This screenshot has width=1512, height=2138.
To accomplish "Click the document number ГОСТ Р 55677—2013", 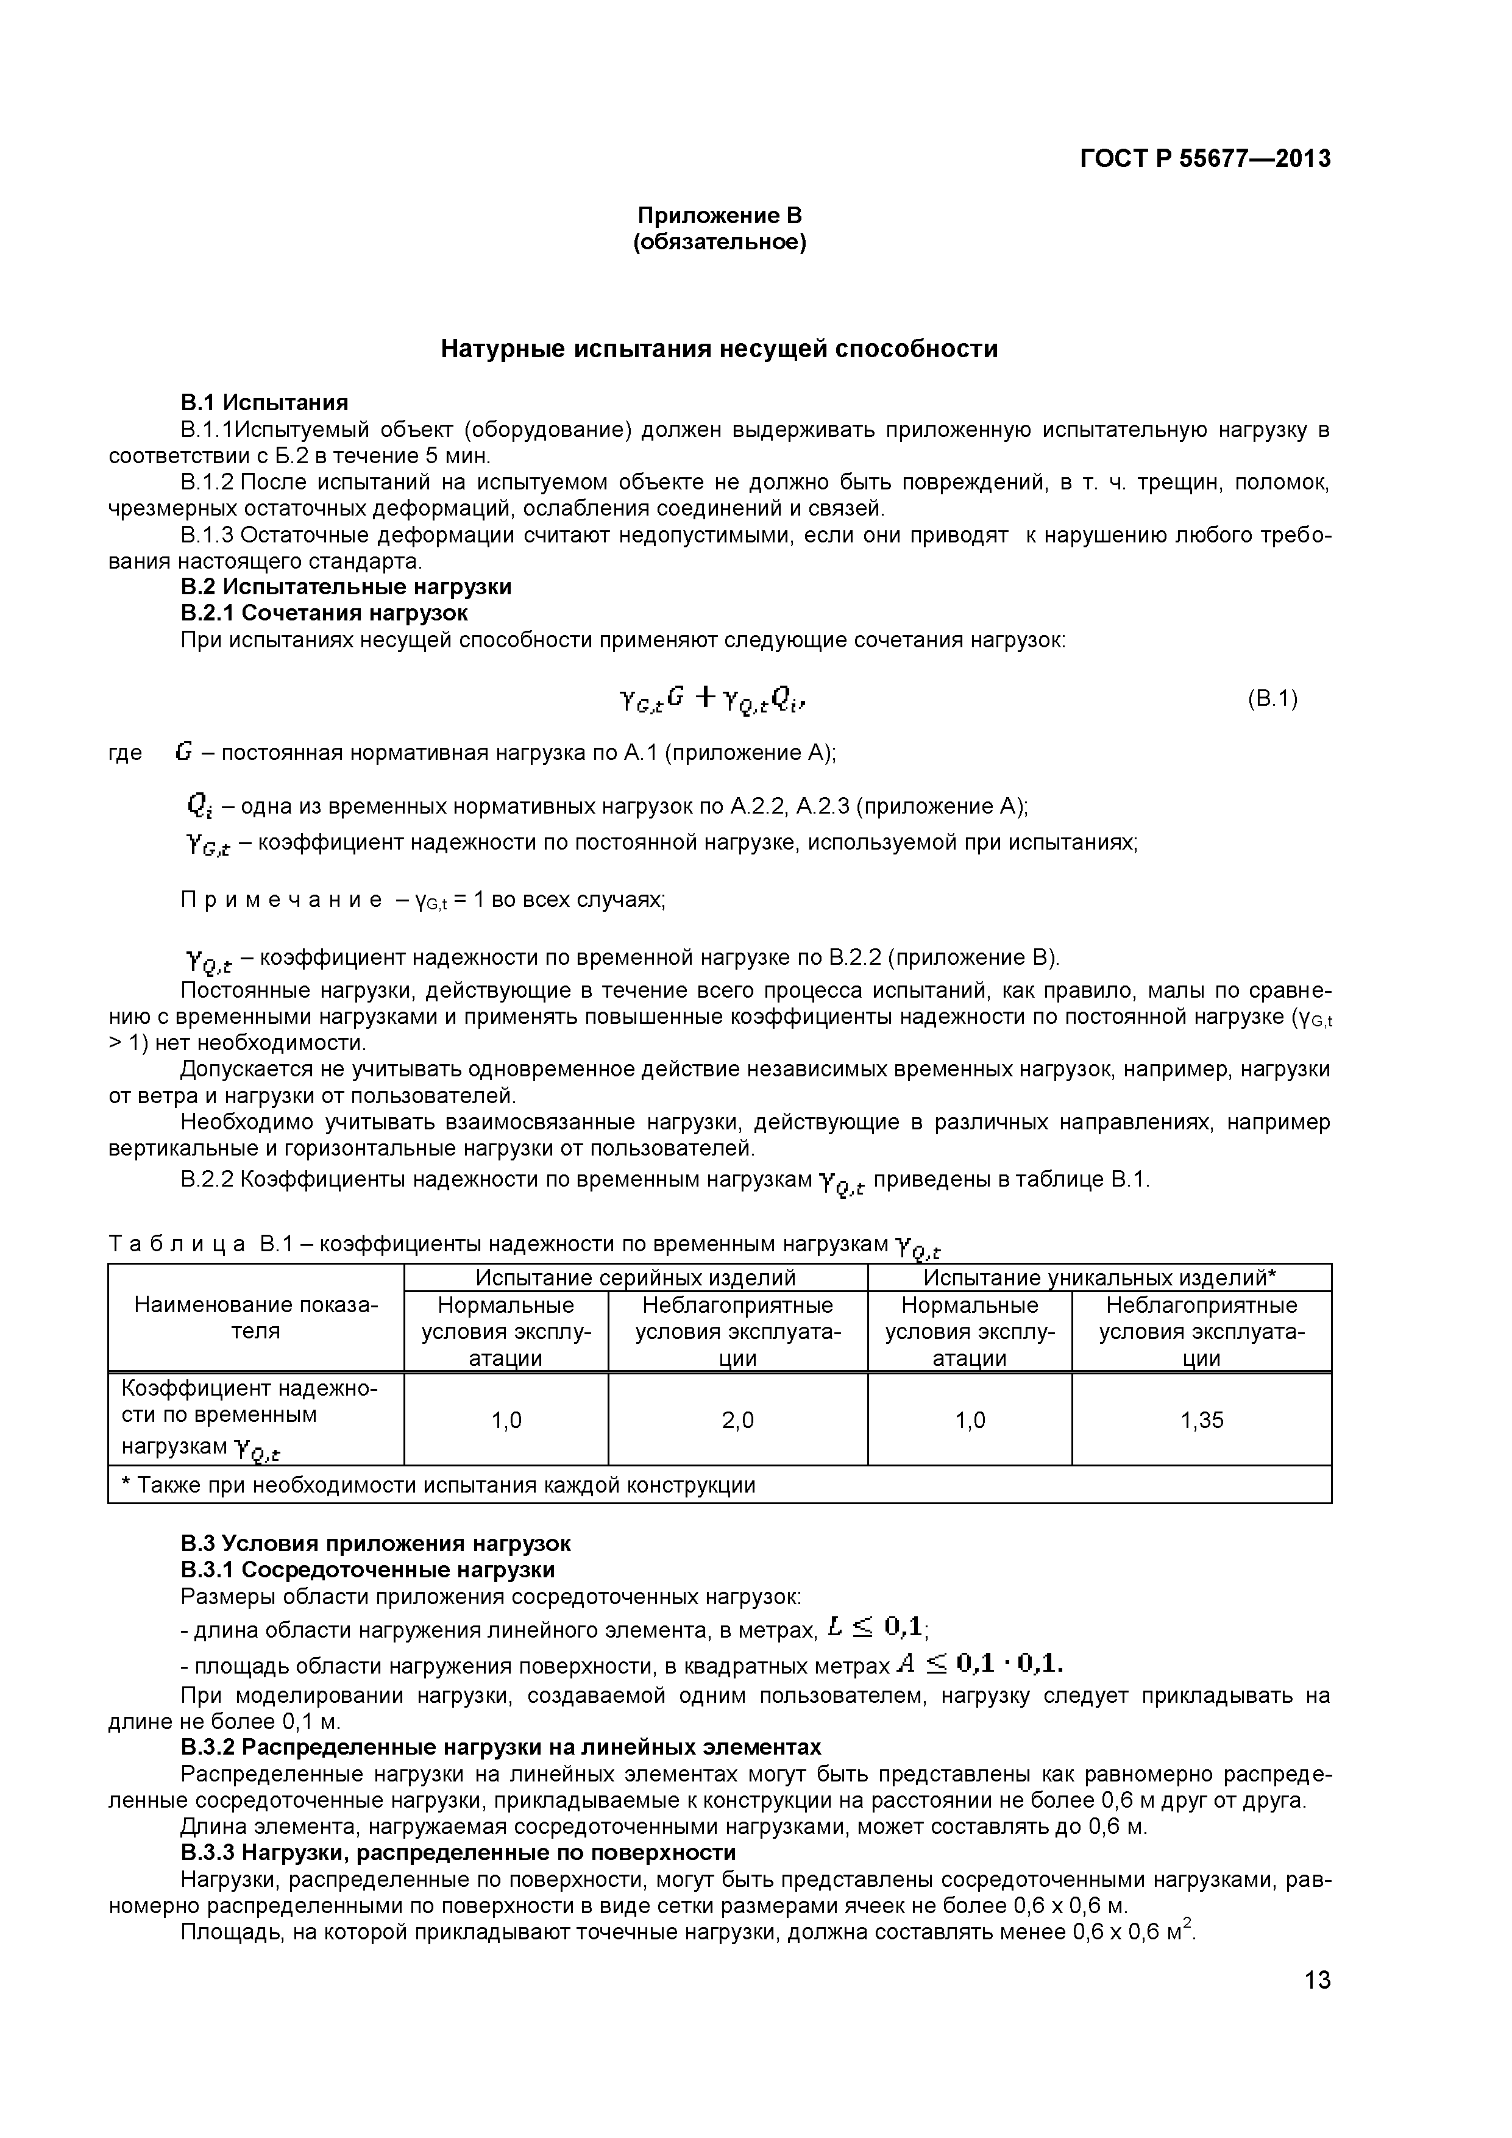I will pos(1205,159).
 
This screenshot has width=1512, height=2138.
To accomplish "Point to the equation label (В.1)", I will pos(1272,698).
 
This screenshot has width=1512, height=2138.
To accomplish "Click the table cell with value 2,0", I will pos(737,1420).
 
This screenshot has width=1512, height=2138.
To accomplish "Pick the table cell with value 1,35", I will pos(1201,1420).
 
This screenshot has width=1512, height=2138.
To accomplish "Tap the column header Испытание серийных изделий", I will pos(636,1277).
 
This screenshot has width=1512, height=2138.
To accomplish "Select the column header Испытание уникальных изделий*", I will pos(1099,1277).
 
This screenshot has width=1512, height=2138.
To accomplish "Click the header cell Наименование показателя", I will pos(256,1318).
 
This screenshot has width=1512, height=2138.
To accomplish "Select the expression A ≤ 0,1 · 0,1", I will pos(979,1663).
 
